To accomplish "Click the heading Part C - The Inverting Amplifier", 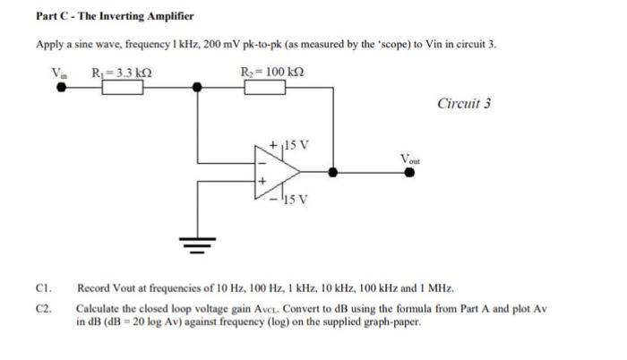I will tap(115, 17).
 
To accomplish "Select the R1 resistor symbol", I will tap(124, 88).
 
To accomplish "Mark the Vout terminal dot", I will tap(409, 174).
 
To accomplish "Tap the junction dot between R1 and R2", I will tap(198, 88).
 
